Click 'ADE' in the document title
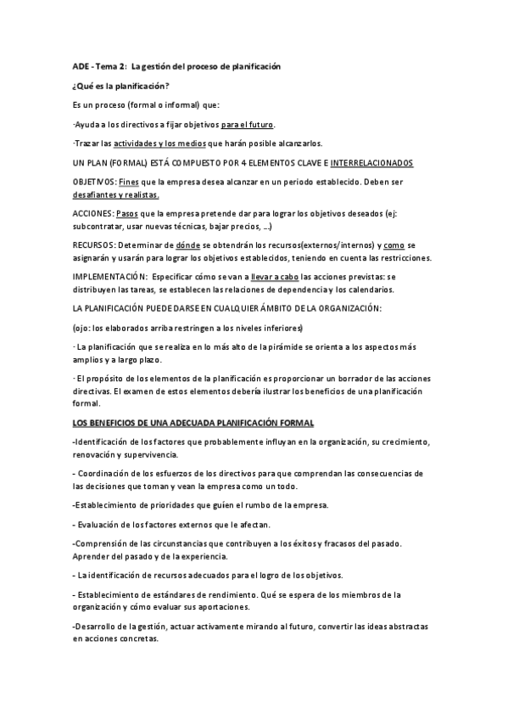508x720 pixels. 81,66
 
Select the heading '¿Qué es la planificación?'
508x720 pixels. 120,86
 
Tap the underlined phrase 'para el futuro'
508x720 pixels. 248,124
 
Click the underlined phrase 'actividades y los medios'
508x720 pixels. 160,143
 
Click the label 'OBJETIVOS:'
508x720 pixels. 95,182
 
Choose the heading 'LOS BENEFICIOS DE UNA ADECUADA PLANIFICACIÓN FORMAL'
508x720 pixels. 193,422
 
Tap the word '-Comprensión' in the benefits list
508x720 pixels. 100,543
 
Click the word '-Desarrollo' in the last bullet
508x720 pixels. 96,625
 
